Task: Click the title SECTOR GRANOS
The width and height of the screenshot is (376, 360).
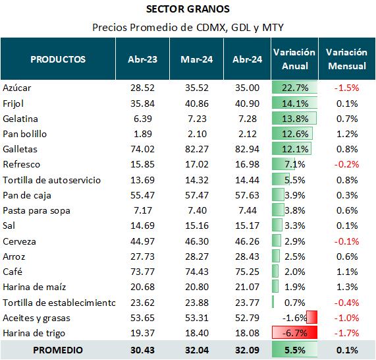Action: [188, 9]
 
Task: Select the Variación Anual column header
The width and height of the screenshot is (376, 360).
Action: [294, 59]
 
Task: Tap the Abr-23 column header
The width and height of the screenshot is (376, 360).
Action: [142, 59]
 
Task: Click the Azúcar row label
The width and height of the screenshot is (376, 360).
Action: [16, 88]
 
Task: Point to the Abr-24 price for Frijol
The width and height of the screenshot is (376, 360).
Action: [247, 104]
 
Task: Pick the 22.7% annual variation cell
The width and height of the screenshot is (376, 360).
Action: [295, 88]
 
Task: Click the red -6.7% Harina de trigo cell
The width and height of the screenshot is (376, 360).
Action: [295, 333]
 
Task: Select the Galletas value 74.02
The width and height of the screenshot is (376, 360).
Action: [142, 149]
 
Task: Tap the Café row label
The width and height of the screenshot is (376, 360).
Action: [13, 272]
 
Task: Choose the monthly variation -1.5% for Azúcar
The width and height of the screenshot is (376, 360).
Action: [347, 88]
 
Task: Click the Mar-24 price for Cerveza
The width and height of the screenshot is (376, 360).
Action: [197, 241]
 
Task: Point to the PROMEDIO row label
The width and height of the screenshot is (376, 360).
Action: [58, 350]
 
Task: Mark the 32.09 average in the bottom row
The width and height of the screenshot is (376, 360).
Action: [247, 350]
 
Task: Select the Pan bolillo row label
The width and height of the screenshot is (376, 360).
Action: [25, 134]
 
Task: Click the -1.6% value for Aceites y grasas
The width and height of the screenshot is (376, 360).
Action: [295, 318]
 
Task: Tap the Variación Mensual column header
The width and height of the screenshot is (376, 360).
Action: [347, 59]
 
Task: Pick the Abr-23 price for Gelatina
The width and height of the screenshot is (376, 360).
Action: [143, 119]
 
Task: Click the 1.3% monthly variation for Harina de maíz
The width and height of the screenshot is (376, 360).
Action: [347, 287]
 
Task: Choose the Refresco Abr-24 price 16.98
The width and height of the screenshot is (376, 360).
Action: [247, 164]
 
